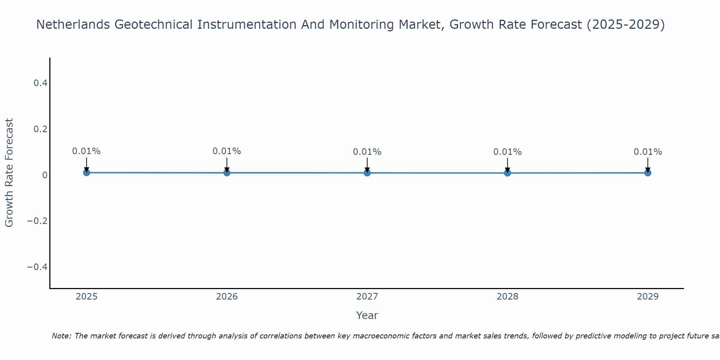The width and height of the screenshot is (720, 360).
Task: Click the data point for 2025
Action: pyautogui.click(x=86, y=172)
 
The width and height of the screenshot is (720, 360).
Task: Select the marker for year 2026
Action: pyautogui.click(x=227, y=172)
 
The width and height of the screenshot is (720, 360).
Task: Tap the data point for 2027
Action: pyautogui.click(x=367, y=173)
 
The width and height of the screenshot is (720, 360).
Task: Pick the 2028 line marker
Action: pyautogui.click(x=507, y=173)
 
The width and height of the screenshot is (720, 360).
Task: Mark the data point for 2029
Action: pyautogui.click(x=648, y=173)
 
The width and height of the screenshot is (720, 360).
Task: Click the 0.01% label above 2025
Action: pyautogui.click(x=86, y=151)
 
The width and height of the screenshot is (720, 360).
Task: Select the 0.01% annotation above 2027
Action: pyautogui.click(x=367, y=152)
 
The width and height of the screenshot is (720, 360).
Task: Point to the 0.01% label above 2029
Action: pyautogui.click(x=648, y=152)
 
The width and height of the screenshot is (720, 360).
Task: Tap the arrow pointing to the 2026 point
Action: pyautogui.click(x=227, y=164)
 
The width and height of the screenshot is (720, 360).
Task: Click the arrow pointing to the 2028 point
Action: pyautogui.click(x=507, y=165)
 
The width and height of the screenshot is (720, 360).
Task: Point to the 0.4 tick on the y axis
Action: pyautogui.click(x=40, y=83)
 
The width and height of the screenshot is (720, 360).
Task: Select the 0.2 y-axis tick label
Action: pyautogui.click(x=40, y=129)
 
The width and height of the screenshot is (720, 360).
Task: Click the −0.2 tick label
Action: pyautogui.click(x=37, y=221)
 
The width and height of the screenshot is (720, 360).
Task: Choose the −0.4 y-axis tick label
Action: pyautogui.click(x=37, y=267)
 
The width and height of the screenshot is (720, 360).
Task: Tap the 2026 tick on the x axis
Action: pyautogui.click(x=227, y=297)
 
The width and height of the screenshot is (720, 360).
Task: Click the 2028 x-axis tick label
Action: pyautogui.click(x=507, y=297)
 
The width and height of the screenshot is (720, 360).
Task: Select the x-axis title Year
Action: pyautogui.click(x=367, y=315)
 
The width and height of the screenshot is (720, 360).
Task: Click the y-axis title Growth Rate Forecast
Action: pyautogui.click(x=9, y=172)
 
